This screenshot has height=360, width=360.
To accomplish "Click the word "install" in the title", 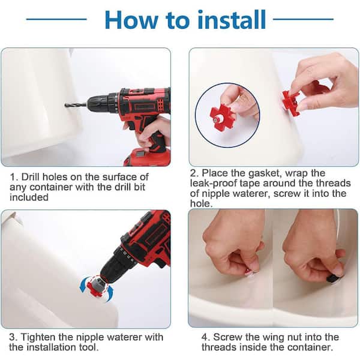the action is coord(231,20).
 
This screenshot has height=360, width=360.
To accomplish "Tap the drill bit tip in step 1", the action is coord(66,105).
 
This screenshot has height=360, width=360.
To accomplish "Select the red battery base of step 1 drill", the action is coord(148,157).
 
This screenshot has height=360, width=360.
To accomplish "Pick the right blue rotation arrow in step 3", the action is coord(110,293).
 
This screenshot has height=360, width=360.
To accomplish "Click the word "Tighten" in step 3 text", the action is coord(38,337).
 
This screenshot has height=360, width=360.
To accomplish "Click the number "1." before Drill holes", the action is coord(14,177).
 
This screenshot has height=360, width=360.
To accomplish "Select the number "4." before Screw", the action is coord(206,337).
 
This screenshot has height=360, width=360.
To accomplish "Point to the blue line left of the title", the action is coord(56,19).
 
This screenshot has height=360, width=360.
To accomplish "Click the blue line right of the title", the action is coord(303,19).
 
